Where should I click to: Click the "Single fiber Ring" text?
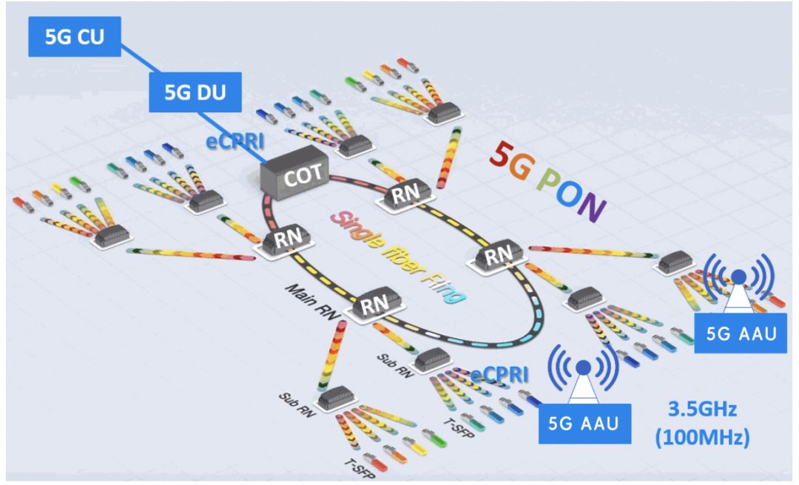(x=400, y=255)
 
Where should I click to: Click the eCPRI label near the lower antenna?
(x=500, y=375)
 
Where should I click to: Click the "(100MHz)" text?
(x=702, y=437)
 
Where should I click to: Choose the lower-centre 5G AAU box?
(x=583, y=424)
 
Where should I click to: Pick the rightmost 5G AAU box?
(x=741, y=333)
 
